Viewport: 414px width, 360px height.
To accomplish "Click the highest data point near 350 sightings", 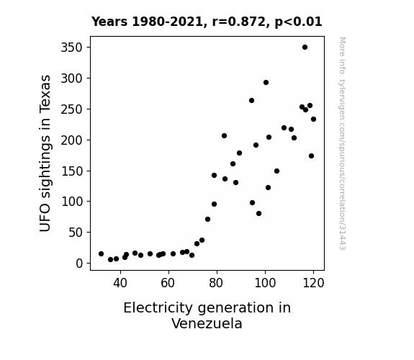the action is (305, 48).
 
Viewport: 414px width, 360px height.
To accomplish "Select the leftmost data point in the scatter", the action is (101, 254).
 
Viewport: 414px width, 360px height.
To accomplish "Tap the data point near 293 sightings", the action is (266, 82).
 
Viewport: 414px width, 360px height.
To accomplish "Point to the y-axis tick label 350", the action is (72, 48).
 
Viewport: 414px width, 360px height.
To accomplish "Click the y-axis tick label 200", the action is (72, 140).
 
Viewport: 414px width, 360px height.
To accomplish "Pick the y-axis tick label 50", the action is (76, 233).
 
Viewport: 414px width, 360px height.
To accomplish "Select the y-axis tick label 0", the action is (79, 264).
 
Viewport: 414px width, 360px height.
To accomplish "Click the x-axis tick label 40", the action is (120, 283).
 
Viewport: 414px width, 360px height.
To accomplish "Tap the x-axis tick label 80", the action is (217, 283).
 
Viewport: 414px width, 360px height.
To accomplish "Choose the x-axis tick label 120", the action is (313, 283).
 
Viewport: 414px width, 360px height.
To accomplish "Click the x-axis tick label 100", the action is (265, 283).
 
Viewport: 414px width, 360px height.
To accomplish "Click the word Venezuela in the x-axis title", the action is (207, 323).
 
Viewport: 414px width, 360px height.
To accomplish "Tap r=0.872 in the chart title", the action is (239, 22).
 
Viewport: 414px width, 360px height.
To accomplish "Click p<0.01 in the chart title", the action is (298, 22).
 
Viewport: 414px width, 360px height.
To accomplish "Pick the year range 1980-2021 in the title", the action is (167, 22).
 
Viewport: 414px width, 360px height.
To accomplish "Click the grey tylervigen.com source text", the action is (342, 143).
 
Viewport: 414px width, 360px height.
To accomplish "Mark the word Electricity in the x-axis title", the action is (158, 308).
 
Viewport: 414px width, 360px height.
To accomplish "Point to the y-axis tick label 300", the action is (72, 78).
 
